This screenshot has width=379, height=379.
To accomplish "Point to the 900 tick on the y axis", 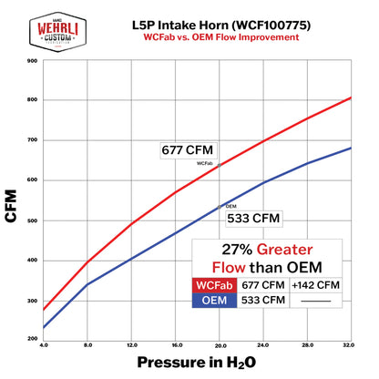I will pos(32,61).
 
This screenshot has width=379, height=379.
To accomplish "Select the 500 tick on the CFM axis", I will pos(32,221).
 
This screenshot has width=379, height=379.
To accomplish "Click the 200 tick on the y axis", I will pos(32,339).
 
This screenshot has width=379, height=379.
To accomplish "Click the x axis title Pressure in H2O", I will pos(201,364).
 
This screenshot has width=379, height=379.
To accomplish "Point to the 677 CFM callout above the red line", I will pos(185,151).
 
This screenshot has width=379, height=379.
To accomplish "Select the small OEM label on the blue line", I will pos(231,207).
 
